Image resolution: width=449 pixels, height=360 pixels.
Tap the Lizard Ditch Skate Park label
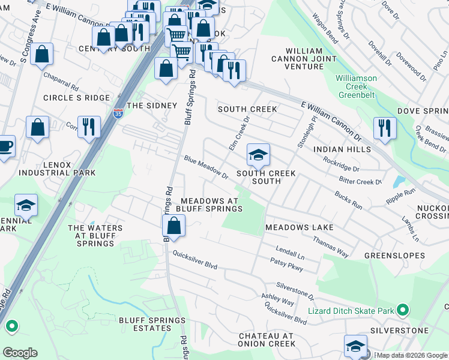tap(351, 311)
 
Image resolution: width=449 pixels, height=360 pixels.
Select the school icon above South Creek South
tap(258, 155)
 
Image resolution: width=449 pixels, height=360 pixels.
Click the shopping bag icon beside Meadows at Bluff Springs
tap(173, 226)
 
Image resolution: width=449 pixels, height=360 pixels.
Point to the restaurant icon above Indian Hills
tap(384, 127)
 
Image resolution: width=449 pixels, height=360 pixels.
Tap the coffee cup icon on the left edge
tap(5, 146)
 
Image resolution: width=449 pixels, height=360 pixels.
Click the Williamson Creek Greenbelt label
tap(356, 86)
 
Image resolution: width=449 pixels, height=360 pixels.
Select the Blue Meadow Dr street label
tap(206, 168)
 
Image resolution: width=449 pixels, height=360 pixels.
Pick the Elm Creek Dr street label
tap(238, 133)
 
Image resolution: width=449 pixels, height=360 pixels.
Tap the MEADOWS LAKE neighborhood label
tap(299, 228)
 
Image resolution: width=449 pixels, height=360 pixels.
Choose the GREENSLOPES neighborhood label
tap(394, 256)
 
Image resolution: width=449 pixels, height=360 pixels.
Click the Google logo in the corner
tap(20, 353)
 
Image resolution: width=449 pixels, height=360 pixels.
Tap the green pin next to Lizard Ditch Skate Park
tap(402, 311)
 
